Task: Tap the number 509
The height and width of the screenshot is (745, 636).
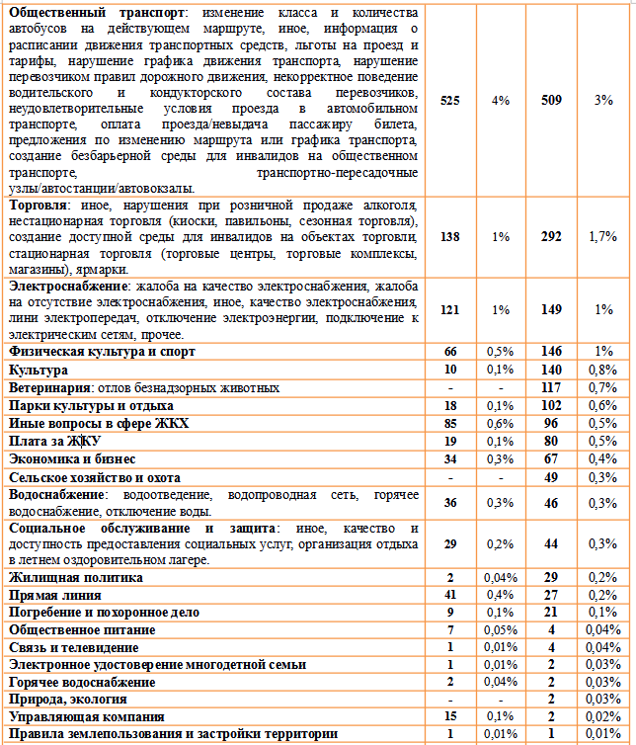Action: click(x=552, y=100)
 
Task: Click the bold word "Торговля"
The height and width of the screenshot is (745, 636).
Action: click(x=38, y=206)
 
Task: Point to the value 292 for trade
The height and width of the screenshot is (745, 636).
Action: click(x=552, y=237)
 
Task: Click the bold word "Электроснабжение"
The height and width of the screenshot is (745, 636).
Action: click(x=67, y=287)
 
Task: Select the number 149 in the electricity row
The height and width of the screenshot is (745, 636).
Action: click(x=552, y=309)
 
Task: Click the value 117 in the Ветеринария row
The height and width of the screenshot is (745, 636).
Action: click(x=552, y=387)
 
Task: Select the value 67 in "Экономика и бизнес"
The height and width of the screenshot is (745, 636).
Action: click(x=552, y=458)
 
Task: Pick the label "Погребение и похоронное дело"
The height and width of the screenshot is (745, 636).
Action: click(x=104, y=612)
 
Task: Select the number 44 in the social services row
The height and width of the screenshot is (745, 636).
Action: click(x=552, y=543)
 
